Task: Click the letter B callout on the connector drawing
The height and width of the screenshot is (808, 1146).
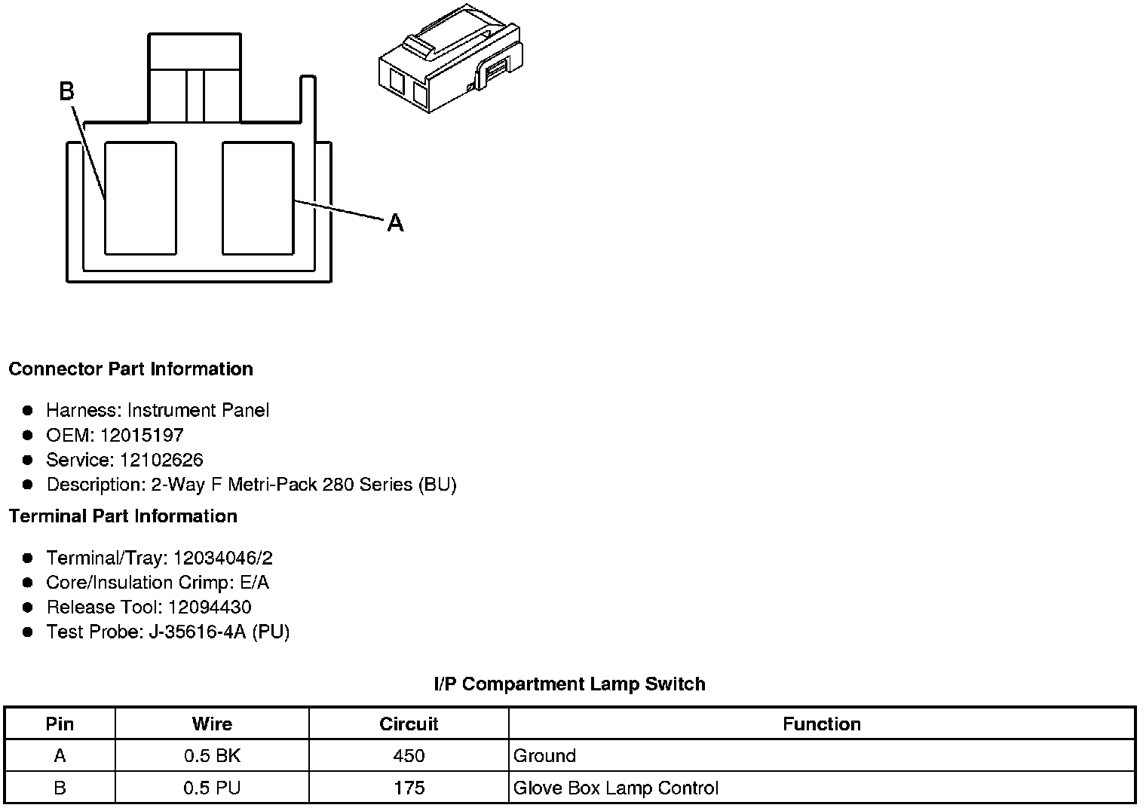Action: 66,92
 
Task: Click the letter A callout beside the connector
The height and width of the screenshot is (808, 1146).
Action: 395,223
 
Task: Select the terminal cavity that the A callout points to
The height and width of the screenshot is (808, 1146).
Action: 258,197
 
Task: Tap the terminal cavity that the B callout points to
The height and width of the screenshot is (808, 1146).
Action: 140,197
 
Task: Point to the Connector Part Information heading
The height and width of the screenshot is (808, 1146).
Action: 130,369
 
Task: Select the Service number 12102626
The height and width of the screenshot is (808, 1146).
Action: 161,460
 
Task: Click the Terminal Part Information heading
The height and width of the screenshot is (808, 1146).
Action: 123,516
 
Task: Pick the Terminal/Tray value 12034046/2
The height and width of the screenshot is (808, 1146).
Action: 223,559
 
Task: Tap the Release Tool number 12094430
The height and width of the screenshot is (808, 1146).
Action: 210,608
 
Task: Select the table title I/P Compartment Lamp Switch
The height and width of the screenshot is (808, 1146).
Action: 570,684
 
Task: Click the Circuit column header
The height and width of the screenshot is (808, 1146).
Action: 409,724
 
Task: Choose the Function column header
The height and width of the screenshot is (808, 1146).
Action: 821,724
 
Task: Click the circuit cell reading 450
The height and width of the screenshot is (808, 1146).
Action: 409,756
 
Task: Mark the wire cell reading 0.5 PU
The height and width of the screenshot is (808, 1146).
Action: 212,788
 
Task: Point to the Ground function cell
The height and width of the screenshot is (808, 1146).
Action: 544,756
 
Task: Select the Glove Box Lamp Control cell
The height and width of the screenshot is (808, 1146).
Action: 615,788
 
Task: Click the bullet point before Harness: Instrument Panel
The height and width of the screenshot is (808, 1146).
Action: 28,411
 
